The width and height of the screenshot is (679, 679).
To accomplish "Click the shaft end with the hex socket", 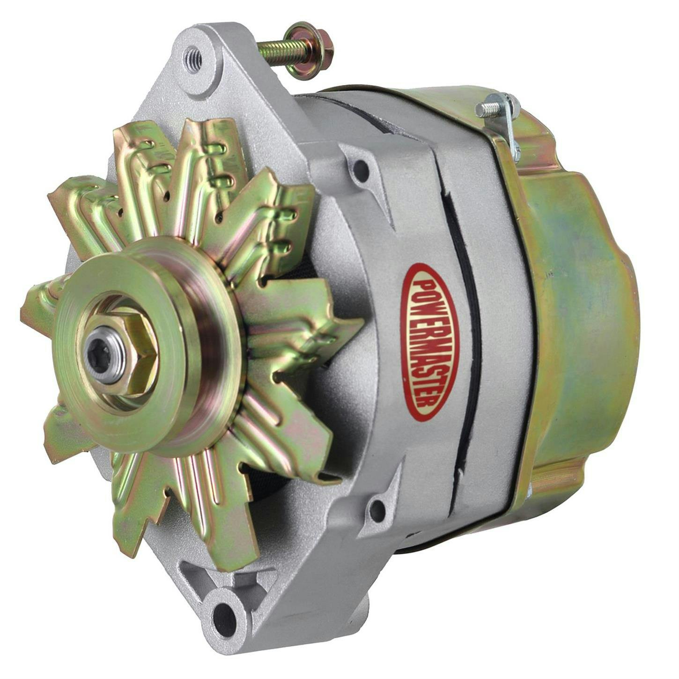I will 104,356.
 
